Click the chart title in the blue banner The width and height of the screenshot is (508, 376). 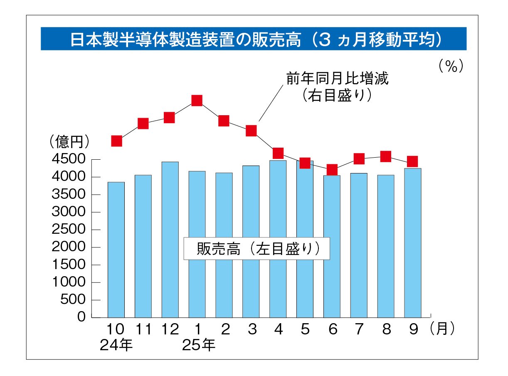(254, 39)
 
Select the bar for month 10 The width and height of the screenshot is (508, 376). (116, 250)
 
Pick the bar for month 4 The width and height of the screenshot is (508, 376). (278, 239)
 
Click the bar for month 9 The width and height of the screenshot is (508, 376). (413, 243)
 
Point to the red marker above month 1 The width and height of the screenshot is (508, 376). (197, 100)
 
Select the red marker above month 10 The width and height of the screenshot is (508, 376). (116, 141)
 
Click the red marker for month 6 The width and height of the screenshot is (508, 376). (332, 169)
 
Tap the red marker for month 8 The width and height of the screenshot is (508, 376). (386, 156)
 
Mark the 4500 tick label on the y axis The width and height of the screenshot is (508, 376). (69, 160)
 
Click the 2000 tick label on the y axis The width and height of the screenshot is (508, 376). (69, 247)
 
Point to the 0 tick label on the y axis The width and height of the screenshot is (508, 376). (81, 317)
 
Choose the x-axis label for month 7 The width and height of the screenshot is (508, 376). (359, 329)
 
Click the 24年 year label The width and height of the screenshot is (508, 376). (116, 345)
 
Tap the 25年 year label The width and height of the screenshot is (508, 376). (199, 345)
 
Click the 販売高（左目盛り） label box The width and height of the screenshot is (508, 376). (256, 248)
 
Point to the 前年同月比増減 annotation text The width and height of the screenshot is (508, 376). (337, 78)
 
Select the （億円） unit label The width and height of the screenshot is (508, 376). (69, 142)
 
